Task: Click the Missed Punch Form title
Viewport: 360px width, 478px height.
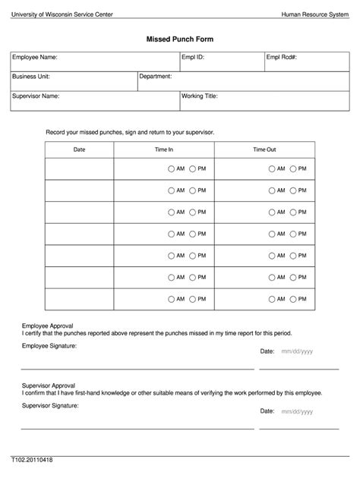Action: (179, 37)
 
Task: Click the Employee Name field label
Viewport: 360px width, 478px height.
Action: (34, 57)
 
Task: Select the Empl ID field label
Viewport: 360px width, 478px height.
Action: (193, 57)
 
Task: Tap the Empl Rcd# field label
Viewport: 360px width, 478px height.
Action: (281, 57)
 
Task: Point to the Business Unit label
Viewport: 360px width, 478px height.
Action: (31, 77)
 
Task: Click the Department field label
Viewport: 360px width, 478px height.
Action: (156, 77)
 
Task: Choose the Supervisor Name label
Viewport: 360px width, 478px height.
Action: (36, 96)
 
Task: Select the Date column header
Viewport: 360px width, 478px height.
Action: (79, 149)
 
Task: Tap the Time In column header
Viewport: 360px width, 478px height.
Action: (164, 149)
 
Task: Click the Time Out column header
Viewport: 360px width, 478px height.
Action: (264, 149)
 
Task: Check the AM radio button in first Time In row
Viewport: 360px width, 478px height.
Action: (172, 168)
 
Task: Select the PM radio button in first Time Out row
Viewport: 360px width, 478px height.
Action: (293, 168)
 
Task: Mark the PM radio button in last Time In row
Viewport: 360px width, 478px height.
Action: (193, 299)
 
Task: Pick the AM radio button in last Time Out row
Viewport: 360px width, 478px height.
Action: (272, 299)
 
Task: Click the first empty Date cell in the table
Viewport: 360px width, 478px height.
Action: (79, 168)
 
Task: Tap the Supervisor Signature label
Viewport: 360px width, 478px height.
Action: (50, 406)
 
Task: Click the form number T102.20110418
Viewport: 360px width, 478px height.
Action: (31, 460)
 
